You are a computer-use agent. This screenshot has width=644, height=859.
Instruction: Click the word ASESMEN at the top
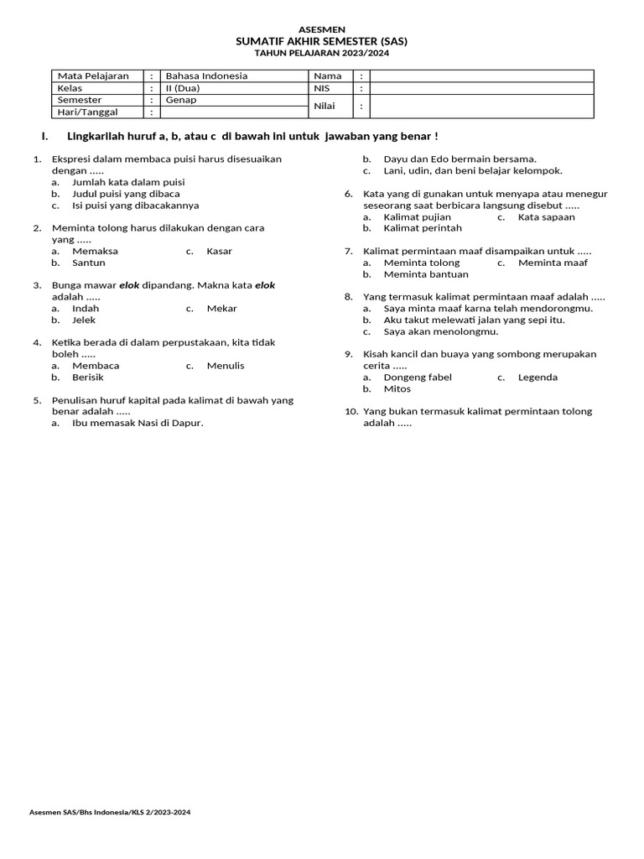coord(322,29)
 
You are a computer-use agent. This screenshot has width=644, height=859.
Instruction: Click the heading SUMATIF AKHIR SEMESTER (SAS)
coord(322,40)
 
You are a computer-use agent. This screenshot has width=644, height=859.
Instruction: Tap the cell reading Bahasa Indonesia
coord(206,75)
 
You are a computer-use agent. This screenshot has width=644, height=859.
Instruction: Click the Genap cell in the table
coord(181,100)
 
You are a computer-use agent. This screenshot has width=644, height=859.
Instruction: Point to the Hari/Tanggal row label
coord(86,112)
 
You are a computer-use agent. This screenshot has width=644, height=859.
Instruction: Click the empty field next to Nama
coord(481,75)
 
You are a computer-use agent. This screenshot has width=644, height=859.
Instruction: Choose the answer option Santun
coord(89,263)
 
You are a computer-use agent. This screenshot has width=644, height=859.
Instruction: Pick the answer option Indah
coord(86,308)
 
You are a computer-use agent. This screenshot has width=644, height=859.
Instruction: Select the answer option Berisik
coord(88,377)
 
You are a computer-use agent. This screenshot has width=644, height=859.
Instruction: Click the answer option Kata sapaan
coord(546,216)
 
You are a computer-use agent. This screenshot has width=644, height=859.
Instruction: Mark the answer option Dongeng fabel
coord(418,377)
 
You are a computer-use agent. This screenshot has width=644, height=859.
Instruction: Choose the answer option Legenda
coord(538,377)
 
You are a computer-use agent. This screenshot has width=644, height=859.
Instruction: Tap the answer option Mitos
coord(397,388)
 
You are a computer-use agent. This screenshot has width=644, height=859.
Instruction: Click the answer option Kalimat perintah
coord(423,228)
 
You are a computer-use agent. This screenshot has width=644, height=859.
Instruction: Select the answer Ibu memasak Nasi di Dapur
coord(138,423)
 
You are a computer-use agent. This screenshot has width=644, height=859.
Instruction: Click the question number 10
coord(351,411)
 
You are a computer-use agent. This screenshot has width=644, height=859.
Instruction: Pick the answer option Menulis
coord(226,366)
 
